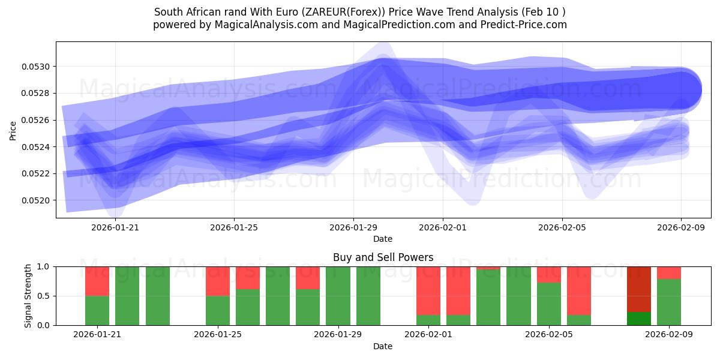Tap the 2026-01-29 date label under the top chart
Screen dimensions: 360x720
point(353,227)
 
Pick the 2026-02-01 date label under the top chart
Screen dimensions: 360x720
point(443,227)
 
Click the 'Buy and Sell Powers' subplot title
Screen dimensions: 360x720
point(383,257)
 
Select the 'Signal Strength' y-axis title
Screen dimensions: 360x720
point(28,296)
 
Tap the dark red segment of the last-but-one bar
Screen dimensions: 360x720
point(638,289)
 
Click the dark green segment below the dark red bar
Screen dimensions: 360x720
point(638,319)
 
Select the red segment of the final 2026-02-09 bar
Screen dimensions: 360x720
point(669,272)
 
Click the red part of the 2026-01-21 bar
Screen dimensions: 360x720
point(97,281)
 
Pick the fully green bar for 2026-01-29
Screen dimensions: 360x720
point(338,296)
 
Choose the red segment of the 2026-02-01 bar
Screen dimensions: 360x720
point(428,290)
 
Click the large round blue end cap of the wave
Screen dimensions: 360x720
point(682,91)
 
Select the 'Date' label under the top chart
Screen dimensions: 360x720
point(383,239)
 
